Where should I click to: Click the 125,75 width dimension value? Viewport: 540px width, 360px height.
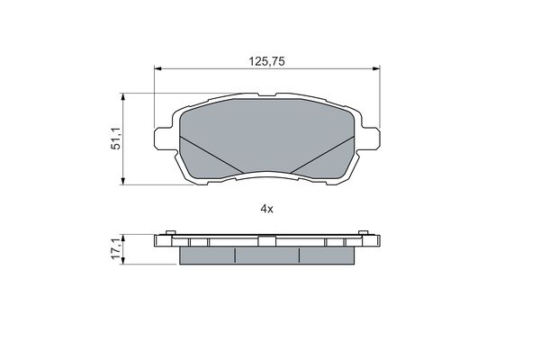[267, 61]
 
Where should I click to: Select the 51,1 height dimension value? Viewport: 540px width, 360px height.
[116, 138]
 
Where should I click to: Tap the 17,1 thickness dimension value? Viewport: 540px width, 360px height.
[116, 248]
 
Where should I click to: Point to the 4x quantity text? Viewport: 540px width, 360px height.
[267, 209]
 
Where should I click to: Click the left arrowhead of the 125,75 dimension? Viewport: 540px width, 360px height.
[157, 69]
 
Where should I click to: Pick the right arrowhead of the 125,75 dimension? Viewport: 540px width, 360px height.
[376, 69]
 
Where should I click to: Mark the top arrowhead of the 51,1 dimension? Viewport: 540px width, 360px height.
[122, 97]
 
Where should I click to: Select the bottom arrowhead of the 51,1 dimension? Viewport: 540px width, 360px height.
[122, 181]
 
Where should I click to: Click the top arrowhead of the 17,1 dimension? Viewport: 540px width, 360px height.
[122, 238]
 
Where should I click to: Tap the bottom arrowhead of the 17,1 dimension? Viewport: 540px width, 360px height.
[122, 261]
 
